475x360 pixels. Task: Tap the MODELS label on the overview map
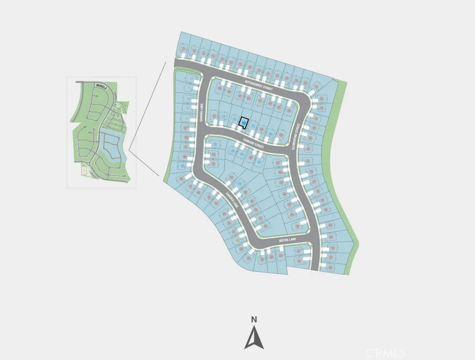tap(101, 86)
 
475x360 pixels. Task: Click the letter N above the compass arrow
tap(254, 320)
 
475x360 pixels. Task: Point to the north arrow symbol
tap(254, 337)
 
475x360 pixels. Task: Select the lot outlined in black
tap(244, 123)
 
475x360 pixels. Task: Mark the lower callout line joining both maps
tap(144, 163)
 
